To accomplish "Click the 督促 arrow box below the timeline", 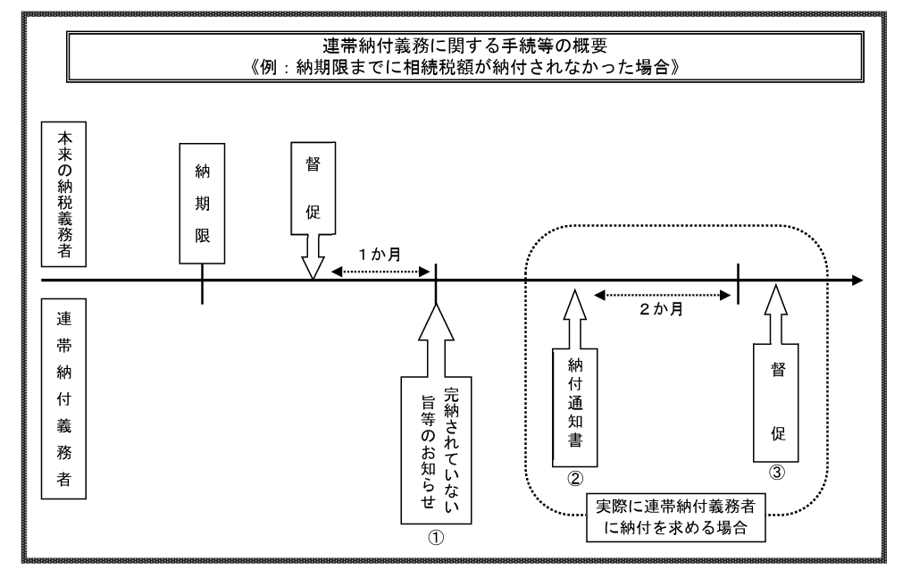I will point(778,398).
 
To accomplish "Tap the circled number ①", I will point(436,537).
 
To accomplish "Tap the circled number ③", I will point(778,474).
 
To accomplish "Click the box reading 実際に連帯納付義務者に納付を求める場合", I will point(675,515).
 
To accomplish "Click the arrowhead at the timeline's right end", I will point(857,281).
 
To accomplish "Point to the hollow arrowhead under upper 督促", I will point(313,265).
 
